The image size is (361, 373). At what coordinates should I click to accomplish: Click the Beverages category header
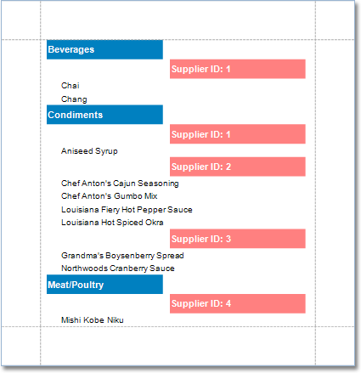tap(104, 49)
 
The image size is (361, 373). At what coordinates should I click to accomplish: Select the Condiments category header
tap(104, 115)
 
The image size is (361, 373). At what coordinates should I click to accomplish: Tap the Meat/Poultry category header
tap(104, 285)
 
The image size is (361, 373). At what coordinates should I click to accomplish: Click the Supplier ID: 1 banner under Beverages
tap(238, 69)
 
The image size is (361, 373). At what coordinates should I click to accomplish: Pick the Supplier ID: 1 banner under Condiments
tap(238, 134)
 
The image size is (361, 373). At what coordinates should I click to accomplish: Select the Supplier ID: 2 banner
tap(238, 167)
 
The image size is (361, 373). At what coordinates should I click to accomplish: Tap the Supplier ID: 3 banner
tap(238, 239)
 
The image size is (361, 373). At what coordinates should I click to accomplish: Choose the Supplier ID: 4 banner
tap(238, 303)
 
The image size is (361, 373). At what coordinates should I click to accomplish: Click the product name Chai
tap(71, 85)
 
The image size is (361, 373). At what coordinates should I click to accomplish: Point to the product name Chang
tap(74, 99)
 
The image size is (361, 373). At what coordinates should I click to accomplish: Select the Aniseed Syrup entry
tap(89, 151)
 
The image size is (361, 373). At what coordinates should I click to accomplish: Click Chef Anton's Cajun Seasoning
tap(120, 184)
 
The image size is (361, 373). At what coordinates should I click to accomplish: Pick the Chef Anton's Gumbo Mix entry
tap(109, 196)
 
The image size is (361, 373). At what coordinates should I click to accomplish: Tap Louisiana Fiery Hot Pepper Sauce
tap(127, 210)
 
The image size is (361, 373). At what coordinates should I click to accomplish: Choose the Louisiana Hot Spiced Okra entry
tap(112, 223)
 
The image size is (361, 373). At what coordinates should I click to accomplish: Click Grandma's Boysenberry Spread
tap(122, 256)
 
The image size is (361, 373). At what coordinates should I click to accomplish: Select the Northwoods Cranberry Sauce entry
tap(118, 268)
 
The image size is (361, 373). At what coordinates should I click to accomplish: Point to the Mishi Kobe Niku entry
tap(93, 320)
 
